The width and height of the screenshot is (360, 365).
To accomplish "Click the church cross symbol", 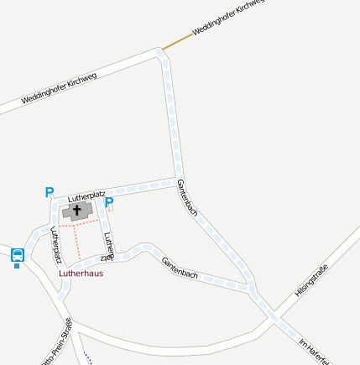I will pos(78,210).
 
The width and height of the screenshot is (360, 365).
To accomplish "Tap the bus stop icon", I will pos(18,256).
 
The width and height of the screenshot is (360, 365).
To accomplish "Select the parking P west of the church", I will pos(49,192).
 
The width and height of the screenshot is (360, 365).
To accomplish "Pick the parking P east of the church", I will pos(109,203).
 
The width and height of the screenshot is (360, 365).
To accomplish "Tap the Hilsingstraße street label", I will pos(310,281).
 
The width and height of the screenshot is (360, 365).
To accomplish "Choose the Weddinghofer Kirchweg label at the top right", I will pos(228,18).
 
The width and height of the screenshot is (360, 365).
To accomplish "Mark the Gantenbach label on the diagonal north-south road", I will pos(188,199).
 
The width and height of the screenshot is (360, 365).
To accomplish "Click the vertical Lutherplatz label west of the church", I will pos(56,244).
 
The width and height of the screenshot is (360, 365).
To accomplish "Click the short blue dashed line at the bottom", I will pos(86,357).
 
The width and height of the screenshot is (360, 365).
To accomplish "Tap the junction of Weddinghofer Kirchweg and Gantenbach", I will pos(161,53).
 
